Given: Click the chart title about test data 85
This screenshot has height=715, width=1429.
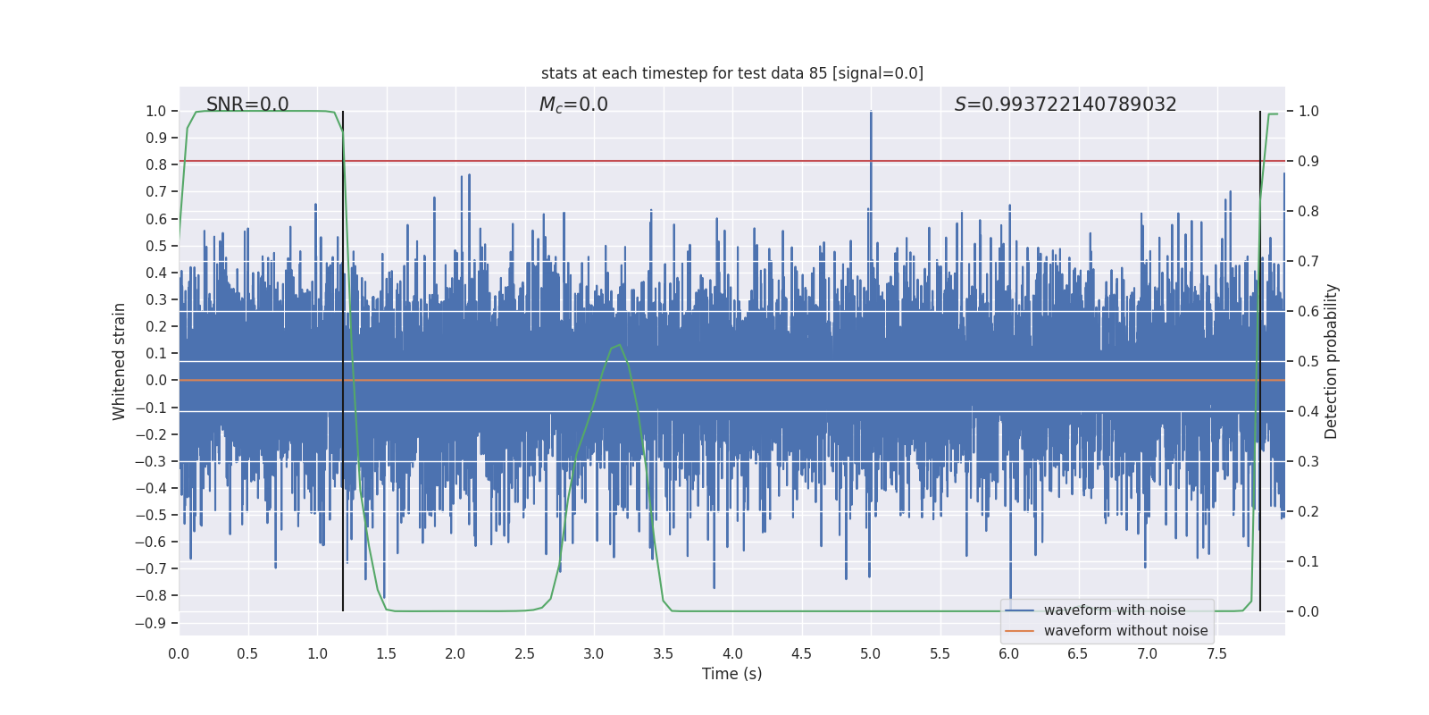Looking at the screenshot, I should (731, 73).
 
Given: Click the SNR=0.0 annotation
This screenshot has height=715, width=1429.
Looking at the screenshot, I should (247, 105).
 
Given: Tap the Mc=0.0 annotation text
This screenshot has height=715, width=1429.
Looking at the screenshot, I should (573, 105).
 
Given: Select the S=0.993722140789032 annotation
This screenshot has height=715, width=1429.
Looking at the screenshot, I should (1065, 105).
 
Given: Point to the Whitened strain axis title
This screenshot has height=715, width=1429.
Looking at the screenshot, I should (120, 361).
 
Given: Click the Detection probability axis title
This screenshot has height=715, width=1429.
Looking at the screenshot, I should (1332, 361).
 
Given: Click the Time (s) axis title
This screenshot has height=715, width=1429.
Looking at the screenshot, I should (731, 674).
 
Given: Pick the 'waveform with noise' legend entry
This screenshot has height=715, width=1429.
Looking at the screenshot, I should (1114, 610).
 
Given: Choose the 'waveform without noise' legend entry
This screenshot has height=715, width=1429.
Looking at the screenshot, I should (1125, 631).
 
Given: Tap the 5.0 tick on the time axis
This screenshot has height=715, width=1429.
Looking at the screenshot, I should (871, 654).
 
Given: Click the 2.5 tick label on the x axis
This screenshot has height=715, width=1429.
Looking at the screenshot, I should (524, 654).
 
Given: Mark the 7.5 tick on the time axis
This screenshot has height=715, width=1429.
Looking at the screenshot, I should (1216, 654).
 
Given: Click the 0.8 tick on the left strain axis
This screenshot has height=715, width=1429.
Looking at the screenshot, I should (156, 164).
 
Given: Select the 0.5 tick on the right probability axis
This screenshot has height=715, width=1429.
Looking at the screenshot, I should (1308, 361).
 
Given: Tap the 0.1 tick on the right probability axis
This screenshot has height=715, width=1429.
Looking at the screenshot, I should (1308, 561).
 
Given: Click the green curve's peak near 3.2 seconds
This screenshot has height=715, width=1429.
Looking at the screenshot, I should (618, 345).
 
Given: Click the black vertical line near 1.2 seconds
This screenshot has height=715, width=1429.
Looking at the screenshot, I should (343, 357).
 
